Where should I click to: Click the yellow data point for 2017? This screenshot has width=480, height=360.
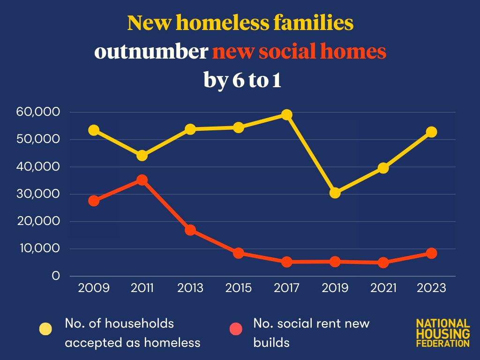pos(287,115)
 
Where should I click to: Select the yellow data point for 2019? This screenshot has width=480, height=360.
pos(335,193)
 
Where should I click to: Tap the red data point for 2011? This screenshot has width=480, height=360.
pos(142,180)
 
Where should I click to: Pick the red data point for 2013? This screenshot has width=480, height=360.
pos(190,230)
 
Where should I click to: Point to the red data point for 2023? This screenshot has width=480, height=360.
pos(431,253)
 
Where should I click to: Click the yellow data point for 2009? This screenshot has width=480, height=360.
pos(94,130)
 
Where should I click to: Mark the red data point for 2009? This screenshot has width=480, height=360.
pos(94,201)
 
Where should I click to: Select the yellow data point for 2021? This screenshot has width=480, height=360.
pos(383,168)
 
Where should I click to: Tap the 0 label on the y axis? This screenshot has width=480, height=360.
pos(56,276)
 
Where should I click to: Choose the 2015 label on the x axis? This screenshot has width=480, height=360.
pos(239,288)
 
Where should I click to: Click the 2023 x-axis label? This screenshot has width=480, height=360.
pos(431,288)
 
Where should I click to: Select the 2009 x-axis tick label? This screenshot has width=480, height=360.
pos(94,288)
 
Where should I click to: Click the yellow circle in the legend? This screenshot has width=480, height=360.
pos(45,330)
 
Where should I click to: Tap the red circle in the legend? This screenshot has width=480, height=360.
pos(235,330)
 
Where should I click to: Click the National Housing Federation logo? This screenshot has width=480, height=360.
pos(442,333)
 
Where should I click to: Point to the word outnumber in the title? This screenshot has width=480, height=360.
pos(151,52)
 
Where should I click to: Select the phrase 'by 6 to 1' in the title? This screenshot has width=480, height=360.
pos(242,80)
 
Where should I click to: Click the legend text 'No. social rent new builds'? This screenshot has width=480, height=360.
pos(311,333)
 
